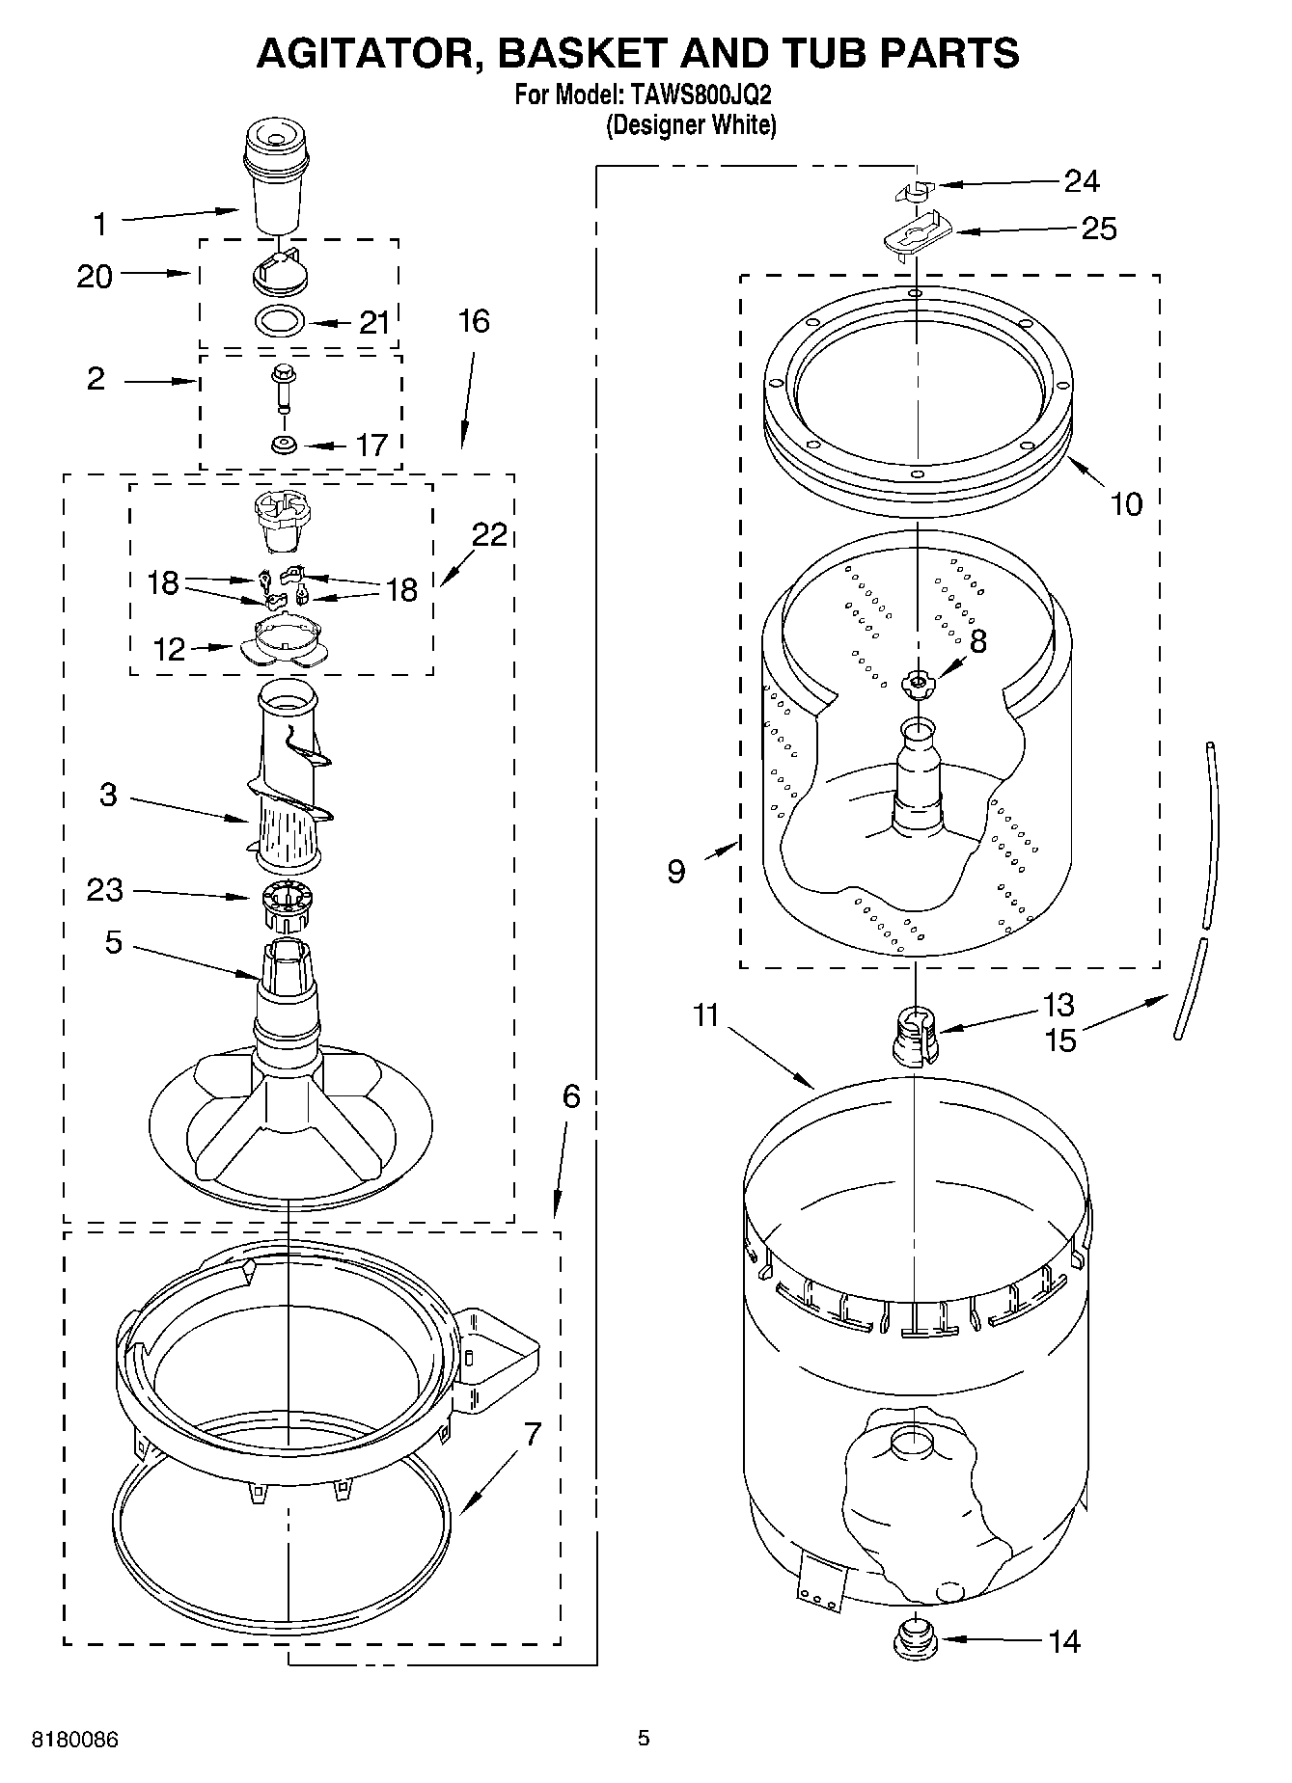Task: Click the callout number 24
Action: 1082,180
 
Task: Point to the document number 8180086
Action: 75,1740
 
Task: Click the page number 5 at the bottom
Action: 644,1739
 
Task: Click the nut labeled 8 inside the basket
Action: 918,685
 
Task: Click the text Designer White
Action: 691,124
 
